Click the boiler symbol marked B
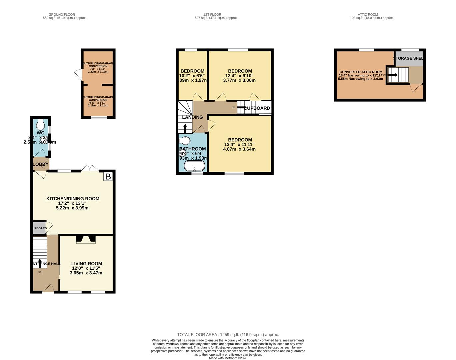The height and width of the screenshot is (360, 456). point(108,176)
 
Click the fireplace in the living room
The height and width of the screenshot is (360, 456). point(86,239)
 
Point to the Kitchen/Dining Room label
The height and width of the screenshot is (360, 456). point(73,199)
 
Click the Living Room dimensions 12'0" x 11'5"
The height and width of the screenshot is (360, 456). point(86,268)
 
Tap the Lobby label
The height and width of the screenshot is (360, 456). point(41,164)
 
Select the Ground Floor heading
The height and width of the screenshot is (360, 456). point(62,15)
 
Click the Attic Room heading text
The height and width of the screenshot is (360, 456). point(368,15)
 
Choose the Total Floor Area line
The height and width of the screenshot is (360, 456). point(228,335)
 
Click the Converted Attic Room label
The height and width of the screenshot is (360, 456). point(361,72)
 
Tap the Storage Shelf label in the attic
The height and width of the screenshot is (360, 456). point(408,58)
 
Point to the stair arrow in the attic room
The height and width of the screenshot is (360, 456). point(393,75)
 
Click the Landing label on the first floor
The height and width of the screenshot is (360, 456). point(193,117)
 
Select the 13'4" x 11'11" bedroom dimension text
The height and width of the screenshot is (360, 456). point(239,145)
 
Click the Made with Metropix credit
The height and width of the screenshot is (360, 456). point(228,358)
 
